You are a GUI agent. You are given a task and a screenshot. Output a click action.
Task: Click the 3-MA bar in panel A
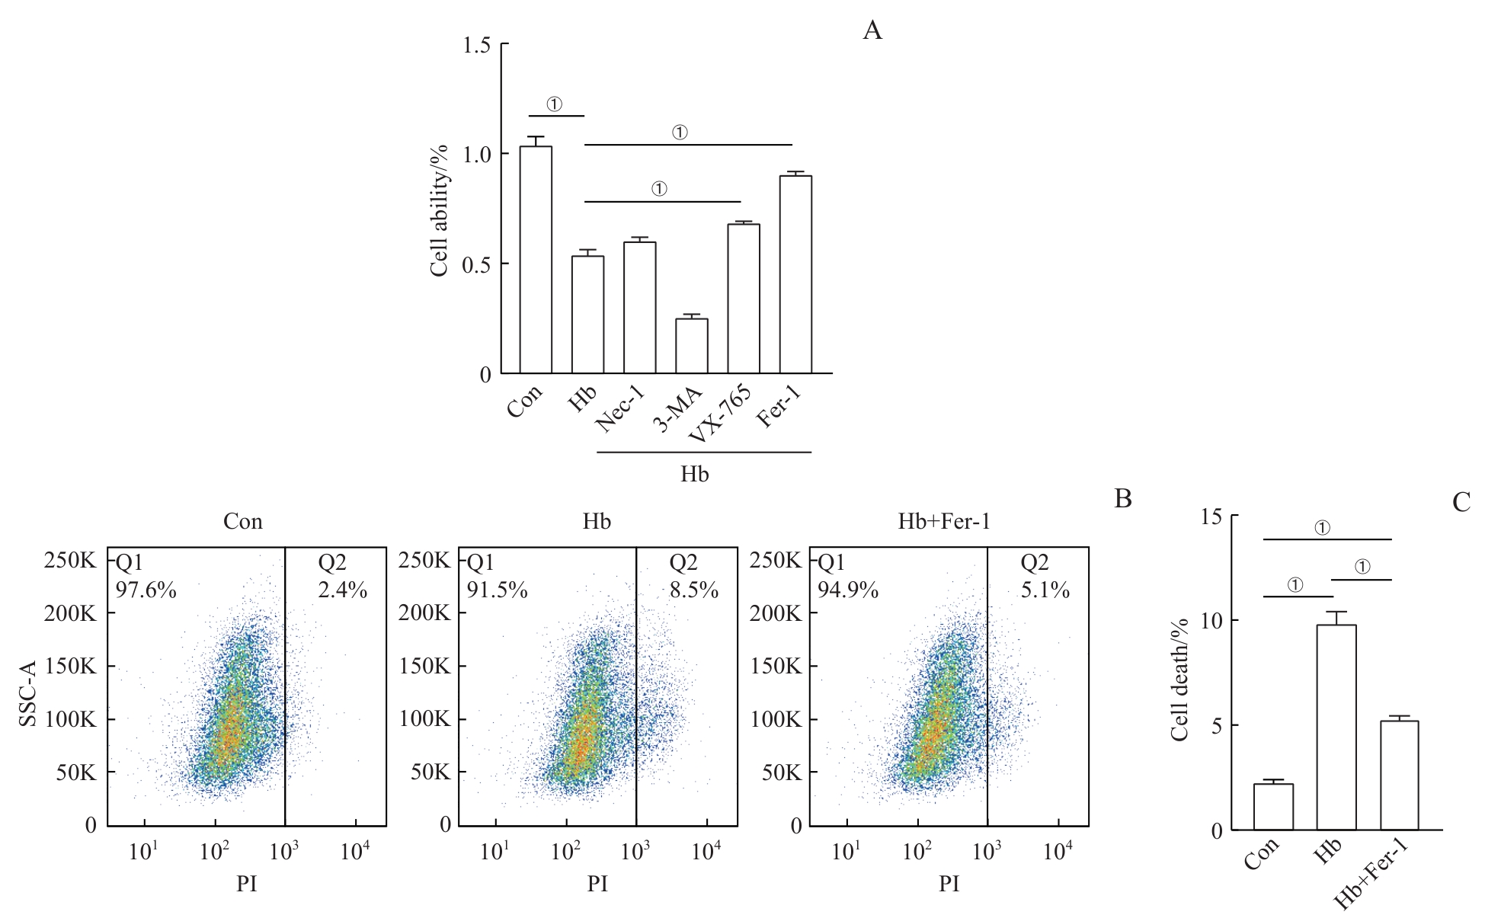tap(692, 346)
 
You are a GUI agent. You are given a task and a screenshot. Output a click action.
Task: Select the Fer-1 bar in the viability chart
tap(795, 274)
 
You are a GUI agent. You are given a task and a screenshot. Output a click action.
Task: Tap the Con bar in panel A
tap(536, 260)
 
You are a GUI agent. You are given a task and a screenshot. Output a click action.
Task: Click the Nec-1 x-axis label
tap(619, 410)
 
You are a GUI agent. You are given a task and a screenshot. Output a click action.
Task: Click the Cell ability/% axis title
tap(439, 210)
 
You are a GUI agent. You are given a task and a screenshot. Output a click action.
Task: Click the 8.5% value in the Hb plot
tap(693, 590)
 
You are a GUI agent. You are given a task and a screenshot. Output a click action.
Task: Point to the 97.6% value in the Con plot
tap(146, 590)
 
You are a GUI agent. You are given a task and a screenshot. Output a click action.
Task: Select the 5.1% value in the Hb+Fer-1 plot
tap(1045, 590)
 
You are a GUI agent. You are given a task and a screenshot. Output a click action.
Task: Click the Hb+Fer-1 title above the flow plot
tap(944, 522)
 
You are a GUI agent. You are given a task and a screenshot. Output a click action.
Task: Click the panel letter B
tap(1122, 499)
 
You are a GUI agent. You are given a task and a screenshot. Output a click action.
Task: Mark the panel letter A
tap(872, 31)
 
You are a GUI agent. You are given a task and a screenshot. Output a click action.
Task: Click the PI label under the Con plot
tap(247, 884)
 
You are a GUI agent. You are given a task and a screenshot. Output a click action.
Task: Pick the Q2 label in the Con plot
tap(332, 563)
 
